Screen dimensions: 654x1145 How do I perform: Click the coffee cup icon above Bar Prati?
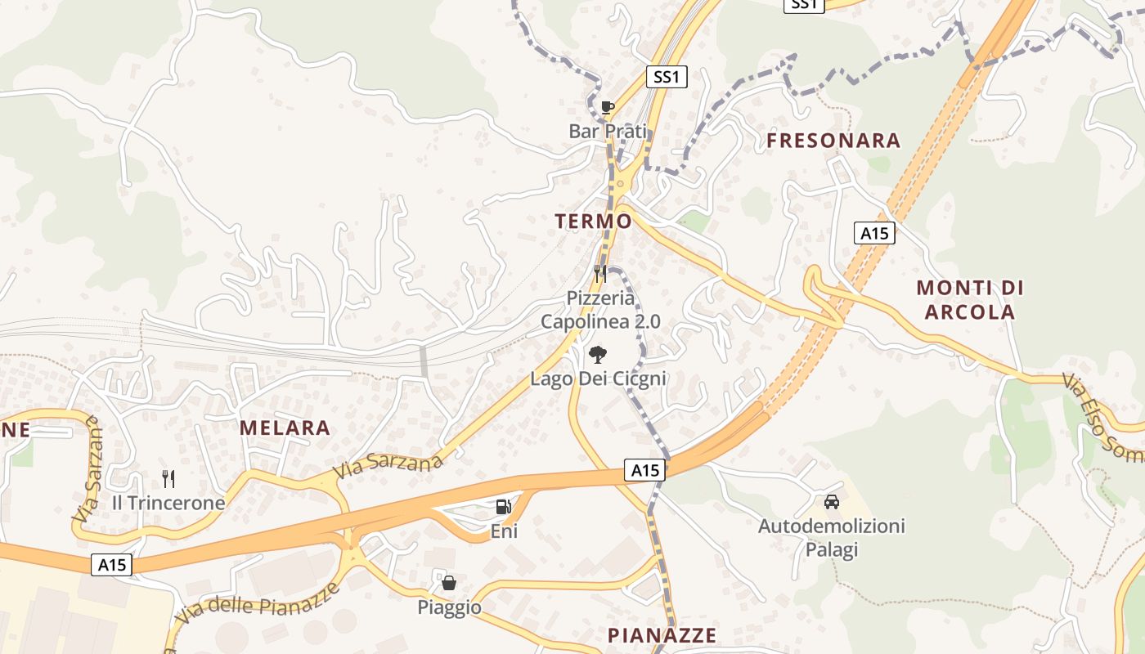(x=607, y=107)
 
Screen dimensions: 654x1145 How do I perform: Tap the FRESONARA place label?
(x=833, y=141)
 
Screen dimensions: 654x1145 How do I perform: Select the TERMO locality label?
(x=593, y=221)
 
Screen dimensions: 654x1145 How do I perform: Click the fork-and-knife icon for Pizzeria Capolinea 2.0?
(x=601, y=274)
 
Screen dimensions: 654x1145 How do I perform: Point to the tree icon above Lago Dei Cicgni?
(x=598, y=355)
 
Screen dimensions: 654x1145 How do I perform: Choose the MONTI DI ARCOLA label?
(x=970, y=299)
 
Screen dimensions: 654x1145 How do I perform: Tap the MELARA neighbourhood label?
(x=285, y=428)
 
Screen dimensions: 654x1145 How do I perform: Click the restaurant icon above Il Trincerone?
(x=168, y=479)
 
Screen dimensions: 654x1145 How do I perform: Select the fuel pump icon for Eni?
(x=503, y=507)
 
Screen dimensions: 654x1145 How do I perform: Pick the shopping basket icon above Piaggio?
(x=448, y=583)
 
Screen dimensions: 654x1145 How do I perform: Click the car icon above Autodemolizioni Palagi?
(x=832, y=501)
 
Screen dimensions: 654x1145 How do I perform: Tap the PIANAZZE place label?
(x=662, y=635)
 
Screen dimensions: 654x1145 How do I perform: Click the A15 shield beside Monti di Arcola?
(x=874, y=233)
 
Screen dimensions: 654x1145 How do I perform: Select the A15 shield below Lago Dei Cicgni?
(x=644, y=470)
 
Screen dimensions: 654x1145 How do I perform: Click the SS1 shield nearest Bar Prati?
(x=667, y=78)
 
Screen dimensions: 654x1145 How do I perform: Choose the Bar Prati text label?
(x=608, y=131)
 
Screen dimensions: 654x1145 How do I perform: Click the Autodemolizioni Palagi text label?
(x=832, y=537)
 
